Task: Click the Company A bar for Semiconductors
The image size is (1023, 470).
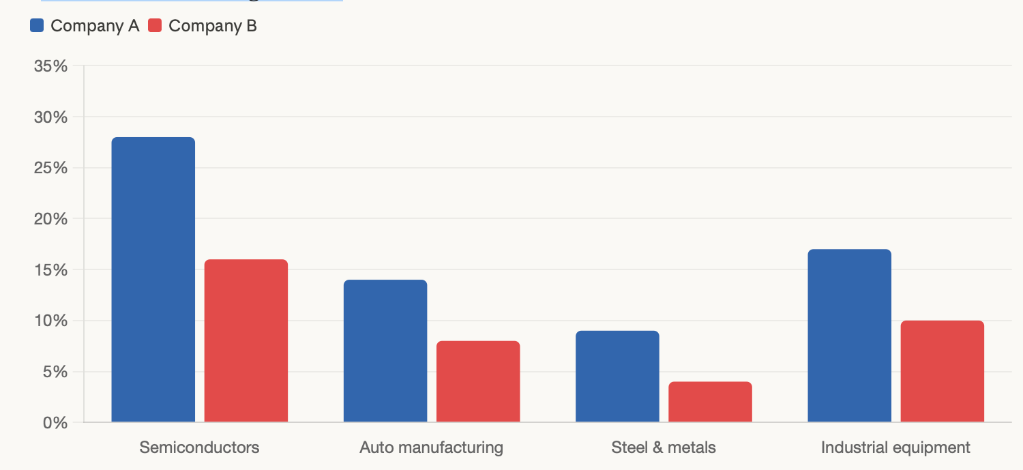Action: tap(153, 280)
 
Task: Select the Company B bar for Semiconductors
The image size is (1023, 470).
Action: tap(246, 341)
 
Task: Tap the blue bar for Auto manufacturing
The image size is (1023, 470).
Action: tap(385, 351)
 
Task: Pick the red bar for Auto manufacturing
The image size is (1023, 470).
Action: tap(478, 381)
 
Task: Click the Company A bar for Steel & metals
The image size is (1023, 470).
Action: tap(617, 377)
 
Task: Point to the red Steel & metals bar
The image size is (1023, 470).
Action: tap(710, 402)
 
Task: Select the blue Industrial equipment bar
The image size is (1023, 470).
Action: tap(850, 336)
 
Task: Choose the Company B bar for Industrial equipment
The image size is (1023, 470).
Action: tap(942, 371)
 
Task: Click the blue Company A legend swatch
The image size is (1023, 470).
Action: tap(37, 25)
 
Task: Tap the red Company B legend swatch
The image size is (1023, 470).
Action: tap(155, 25)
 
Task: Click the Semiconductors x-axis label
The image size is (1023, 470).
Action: tap(199, 447)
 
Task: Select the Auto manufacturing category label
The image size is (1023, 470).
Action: tap(431, 447)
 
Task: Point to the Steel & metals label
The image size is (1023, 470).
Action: tap(664, 447)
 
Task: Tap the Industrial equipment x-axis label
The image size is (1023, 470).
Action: tap(895, 447)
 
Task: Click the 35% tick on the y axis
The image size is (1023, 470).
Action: tap(50, 66)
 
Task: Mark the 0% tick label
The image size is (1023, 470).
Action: tap(55, 423)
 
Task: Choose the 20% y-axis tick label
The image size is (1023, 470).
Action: tap(50, 219)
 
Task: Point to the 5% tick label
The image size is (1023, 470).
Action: tap(55, 372)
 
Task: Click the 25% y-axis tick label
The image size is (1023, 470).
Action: tap(50, 168)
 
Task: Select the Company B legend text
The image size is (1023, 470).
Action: tap(213, 26)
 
